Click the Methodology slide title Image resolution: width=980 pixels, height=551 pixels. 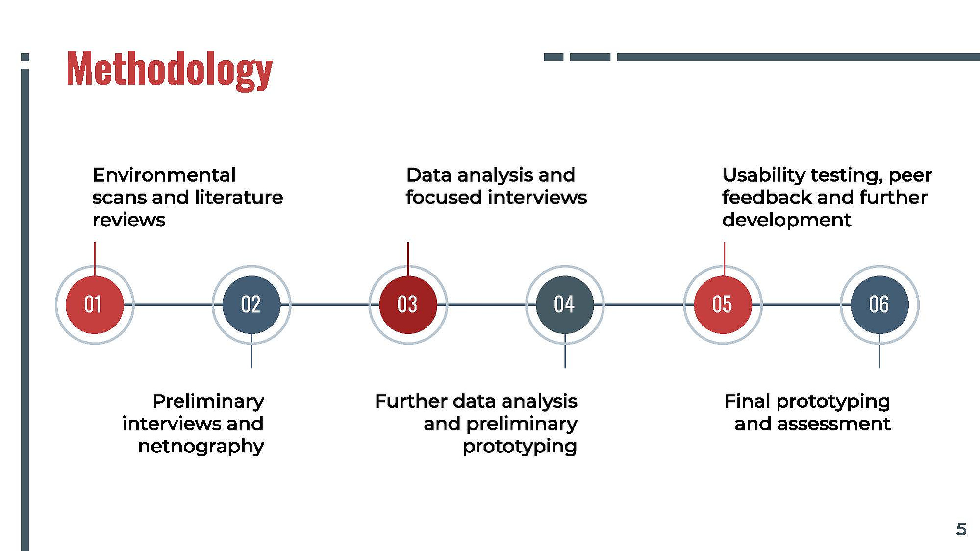(170, 70)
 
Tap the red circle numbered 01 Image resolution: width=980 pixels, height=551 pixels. (95, 305)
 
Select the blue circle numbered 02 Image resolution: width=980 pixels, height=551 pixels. (251, 305)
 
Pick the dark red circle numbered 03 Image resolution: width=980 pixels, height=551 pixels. (408, 305)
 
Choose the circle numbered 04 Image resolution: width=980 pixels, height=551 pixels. (565, 305)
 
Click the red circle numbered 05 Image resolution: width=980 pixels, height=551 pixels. (723, 305)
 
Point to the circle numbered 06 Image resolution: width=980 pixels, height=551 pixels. (879, 305)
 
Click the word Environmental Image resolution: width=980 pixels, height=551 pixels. (164, 175)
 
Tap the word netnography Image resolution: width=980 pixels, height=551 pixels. (201, 447)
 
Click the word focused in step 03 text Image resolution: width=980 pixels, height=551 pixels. (444, 198)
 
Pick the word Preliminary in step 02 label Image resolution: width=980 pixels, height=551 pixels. (208, 401)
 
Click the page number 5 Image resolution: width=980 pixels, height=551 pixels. (961, 529)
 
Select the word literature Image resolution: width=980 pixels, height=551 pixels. (239, 198)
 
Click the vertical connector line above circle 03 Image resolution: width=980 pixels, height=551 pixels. (408, 259)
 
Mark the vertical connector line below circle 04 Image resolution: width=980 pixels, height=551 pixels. (565, 351)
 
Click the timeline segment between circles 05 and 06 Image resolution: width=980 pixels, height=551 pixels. (801, 305)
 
